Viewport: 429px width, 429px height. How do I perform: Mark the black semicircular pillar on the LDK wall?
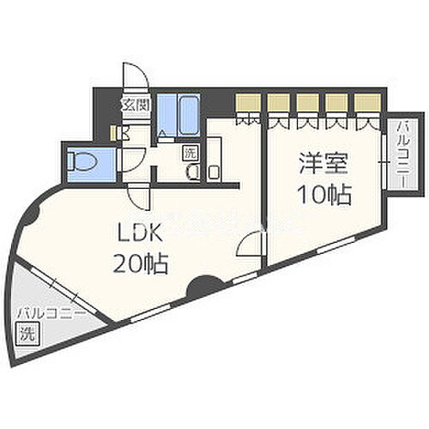(202, 288)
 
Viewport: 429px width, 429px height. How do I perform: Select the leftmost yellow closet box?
(247, 102)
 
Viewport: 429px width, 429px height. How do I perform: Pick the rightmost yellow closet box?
(367, 102)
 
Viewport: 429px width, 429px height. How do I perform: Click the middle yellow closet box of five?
(307, 102)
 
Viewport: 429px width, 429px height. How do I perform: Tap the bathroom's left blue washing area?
(166, 112)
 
